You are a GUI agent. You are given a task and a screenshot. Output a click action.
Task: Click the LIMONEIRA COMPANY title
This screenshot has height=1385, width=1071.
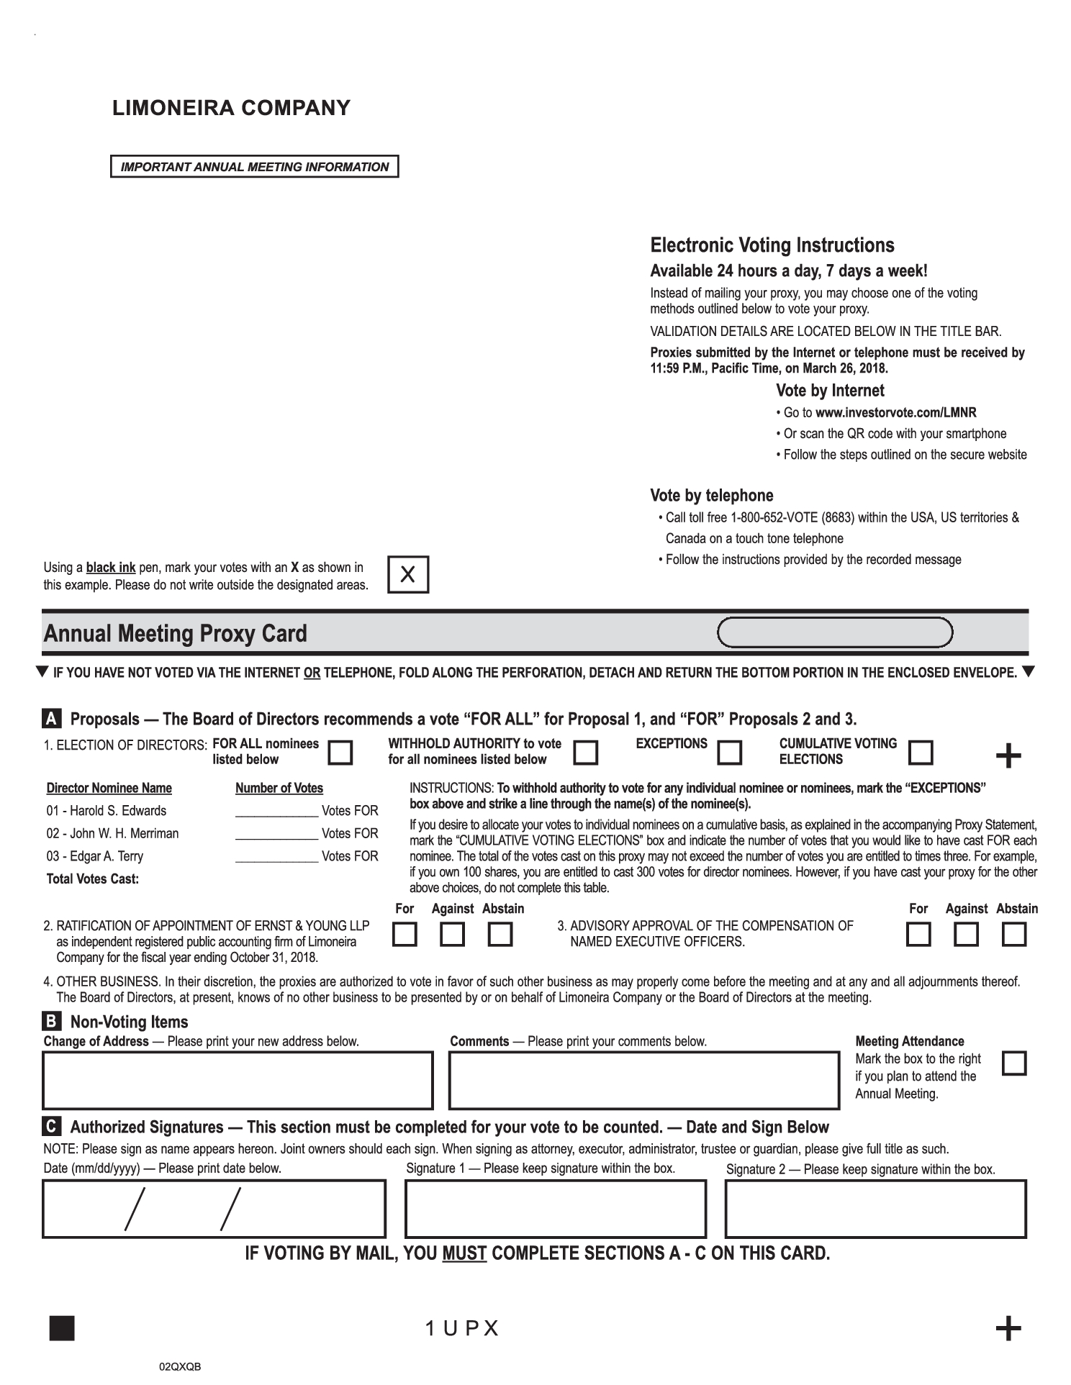point(231,108)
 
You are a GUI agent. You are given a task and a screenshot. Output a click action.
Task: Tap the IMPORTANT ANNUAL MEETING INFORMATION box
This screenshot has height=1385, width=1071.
point(254,167)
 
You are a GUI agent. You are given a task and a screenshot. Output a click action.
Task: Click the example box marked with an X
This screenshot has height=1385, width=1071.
point(407,574)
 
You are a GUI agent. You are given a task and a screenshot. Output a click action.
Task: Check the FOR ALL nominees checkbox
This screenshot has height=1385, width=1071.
point(340,753)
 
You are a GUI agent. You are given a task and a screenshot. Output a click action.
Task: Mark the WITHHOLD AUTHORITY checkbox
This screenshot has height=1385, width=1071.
point(585,753)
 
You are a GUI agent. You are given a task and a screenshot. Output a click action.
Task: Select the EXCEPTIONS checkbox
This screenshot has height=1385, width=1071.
point(730,753)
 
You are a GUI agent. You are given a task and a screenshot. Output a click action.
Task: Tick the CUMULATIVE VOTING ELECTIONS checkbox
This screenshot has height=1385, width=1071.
point(921,753)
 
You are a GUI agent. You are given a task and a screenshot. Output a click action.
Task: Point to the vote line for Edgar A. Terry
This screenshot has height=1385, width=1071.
point(276,857)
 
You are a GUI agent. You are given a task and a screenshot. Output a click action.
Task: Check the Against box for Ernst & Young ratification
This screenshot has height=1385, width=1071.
point(452,935)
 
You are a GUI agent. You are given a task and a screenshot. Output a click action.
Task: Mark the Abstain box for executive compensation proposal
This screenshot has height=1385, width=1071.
point(1014,935)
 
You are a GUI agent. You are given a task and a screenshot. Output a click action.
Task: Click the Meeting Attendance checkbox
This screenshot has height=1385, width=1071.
point(1014,1063)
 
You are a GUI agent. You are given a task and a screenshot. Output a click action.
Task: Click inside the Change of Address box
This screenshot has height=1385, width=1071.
point(238,1080)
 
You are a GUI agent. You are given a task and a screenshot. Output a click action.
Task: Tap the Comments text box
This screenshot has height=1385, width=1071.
point(643,1080)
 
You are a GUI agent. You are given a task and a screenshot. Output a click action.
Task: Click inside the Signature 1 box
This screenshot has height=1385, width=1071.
point(555,1209)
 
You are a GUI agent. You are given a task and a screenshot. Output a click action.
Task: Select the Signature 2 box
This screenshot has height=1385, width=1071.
point(875,1209)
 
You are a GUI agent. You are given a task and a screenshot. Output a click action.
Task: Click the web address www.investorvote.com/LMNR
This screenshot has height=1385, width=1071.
point(895,413)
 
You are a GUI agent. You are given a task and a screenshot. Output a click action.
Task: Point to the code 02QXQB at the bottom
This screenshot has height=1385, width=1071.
point(180,1366)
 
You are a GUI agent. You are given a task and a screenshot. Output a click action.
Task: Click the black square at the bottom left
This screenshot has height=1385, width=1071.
point(62,1328)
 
